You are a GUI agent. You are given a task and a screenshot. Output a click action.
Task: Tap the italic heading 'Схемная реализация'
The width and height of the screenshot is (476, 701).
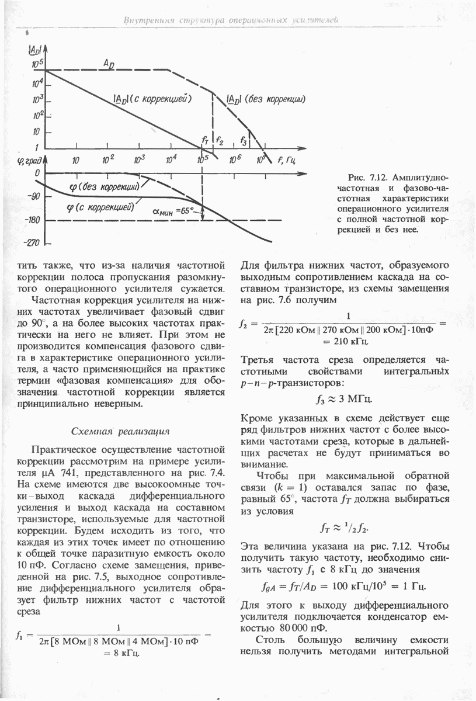click(120, 431)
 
